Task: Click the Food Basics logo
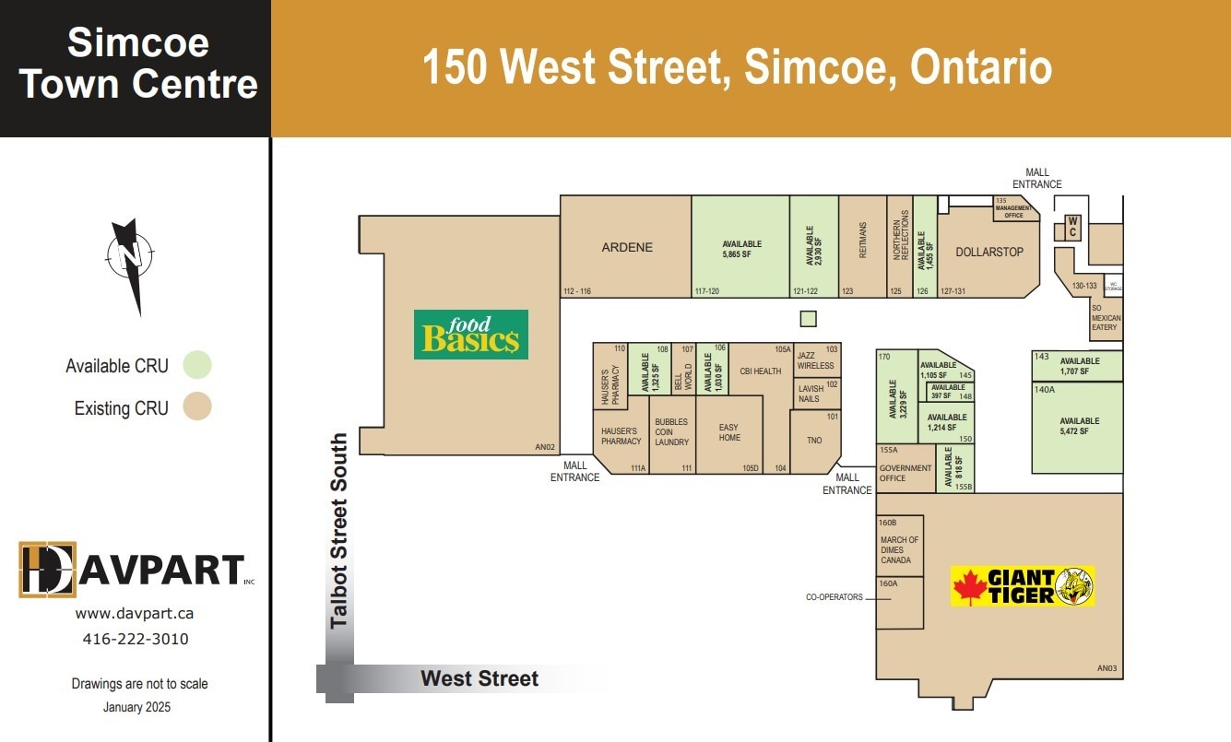point(470,334)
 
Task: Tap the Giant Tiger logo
point(1023,586)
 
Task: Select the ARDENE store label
point(627,248)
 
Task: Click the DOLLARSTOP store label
point(988,252)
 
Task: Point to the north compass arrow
point(130,264)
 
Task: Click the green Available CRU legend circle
point(197,365)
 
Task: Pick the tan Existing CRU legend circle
point(197,406)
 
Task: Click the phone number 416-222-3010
point(136,639)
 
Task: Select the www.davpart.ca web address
point(136,613)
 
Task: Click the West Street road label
point(479,679)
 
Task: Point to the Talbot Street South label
point(339,531)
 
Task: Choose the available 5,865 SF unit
point(740,248)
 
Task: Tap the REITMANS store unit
point(863,241)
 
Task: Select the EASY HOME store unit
point(729,432)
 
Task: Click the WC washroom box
point(1072,227)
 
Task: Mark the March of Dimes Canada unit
point(899,549)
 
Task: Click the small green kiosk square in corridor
point(808,319)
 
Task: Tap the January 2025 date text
point(136,707)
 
